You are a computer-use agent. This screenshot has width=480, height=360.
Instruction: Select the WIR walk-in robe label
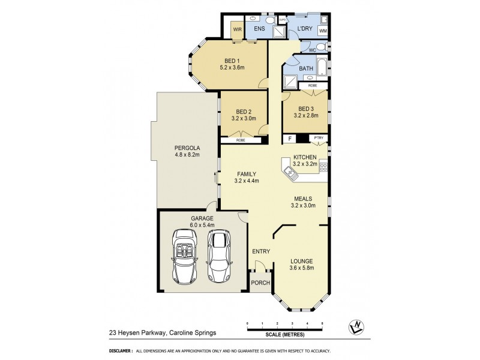click(x=236, y=29)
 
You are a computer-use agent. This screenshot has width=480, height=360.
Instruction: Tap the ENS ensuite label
click(x=260, y=29)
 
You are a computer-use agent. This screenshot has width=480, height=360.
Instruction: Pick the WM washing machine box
click(x=323, y=31)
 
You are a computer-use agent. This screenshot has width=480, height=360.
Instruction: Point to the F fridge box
click(x=290, y=139)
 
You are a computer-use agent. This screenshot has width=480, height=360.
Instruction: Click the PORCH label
click(x=260, y=283)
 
